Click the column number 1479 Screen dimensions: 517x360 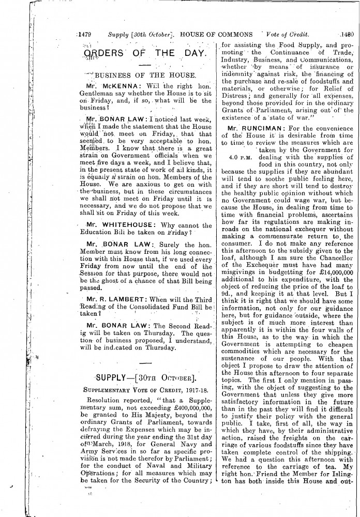(x=84, y=35)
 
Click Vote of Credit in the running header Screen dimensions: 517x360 (x=290, y=35)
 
